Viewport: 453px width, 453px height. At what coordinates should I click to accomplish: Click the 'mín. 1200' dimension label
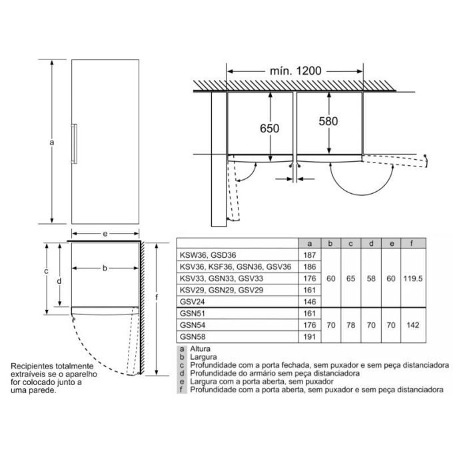point(295,69)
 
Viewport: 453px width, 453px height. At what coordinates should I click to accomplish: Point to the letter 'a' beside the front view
point(51,142)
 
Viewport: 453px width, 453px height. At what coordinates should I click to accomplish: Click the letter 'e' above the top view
point(105,234)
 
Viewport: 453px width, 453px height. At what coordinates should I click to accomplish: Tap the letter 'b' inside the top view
point(105,268)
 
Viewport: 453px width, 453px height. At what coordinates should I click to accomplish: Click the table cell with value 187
point(308,254)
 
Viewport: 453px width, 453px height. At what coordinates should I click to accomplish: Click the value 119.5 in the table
point(412,278)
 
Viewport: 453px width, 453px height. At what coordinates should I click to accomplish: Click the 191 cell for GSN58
point(308,337)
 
